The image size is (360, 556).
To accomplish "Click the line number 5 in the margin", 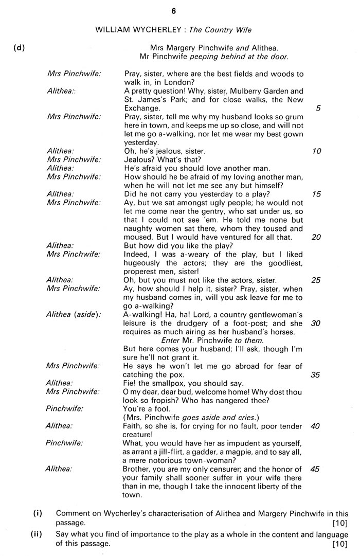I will [x=318, y=109].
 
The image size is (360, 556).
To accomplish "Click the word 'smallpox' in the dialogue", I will [x=176, y=383].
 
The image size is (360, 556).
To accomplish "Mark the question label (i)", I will [x=38, y=513].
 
